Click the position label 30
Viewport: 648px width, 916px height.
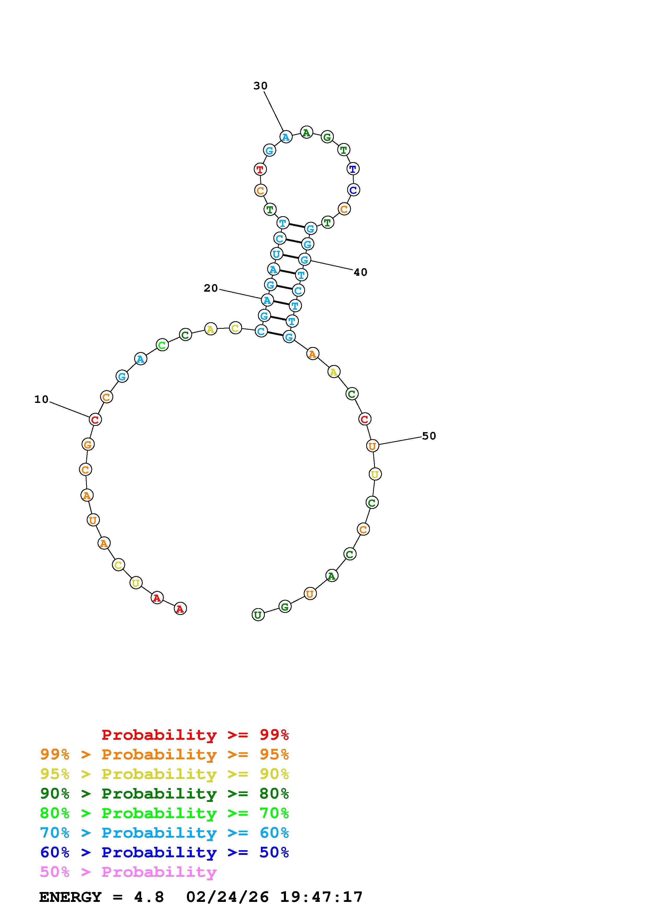[260, 86]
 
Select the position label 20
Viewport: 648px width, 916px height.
[211, 288]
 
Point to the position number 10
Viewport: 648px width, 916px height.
[42, 399]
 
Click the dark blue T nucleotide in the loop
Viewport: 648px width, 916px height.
[353, 169]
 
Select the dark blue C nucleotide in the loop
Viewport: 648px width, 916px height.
[353, 190]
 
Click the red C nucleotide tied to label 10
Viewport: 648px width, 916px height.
[95, 420]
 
